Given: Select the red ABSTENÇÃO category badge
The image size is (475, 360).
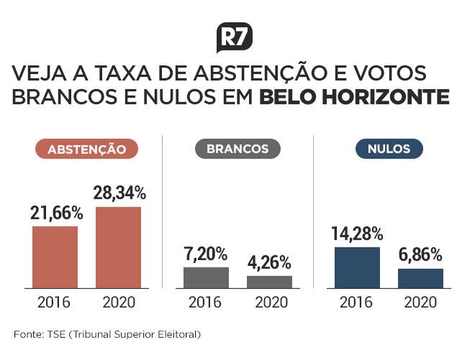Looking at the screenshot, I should point(87,150).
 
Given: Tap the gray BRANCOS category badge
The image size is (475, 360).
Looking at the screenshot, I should point(237,149).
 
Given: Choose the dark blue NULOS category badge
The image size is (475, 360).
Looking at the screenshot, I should point(389,149).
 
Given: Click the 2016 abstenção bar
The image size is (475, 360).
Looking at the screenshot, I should point(55,257).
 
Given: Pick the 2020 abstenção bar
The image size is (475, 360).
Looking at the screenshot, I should point(119,248).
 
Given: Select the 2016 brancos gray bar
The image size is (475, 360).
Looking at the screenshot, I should point(206,278).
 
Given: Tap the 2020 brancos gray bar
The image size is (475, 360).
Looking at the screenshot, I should point(269,282).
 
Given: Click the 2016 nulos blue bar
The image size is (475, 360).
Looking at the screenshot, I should point(357,268).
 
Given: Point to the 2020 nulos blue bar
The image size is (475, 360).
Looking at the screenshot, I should point(420,279).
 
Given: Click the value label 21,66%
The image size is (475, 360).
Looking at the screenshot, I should point(57,213).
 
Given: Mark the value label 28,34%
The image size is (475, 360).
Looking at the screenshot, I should point(119,193).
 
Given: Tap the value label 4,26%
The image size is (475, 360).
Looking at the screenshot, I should point(269,262).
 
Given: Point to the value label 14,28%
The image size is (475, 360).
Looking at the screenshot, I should point(357,233).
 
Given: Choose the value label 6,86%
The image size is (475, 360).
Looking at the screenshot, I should point(420,255).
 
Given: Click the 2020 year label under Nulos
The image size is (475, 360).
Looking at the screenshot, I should point(420,302).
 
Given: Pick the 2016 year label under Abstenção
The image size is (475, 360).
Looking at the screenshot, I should point(55,302).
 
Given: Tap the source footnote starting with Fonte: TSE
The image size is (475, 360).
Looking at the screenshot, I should point(107,334).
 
